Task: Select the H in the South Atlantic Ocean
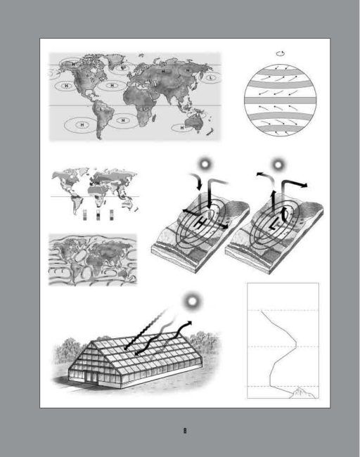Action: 122,120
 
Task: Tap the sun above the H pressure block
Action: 205,164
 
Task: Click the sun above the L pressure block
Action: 279,165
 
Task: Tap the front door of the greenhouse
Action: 88,375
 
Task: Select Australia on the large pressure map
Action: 196,124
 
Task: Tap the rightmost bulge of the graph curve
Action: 296,345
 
